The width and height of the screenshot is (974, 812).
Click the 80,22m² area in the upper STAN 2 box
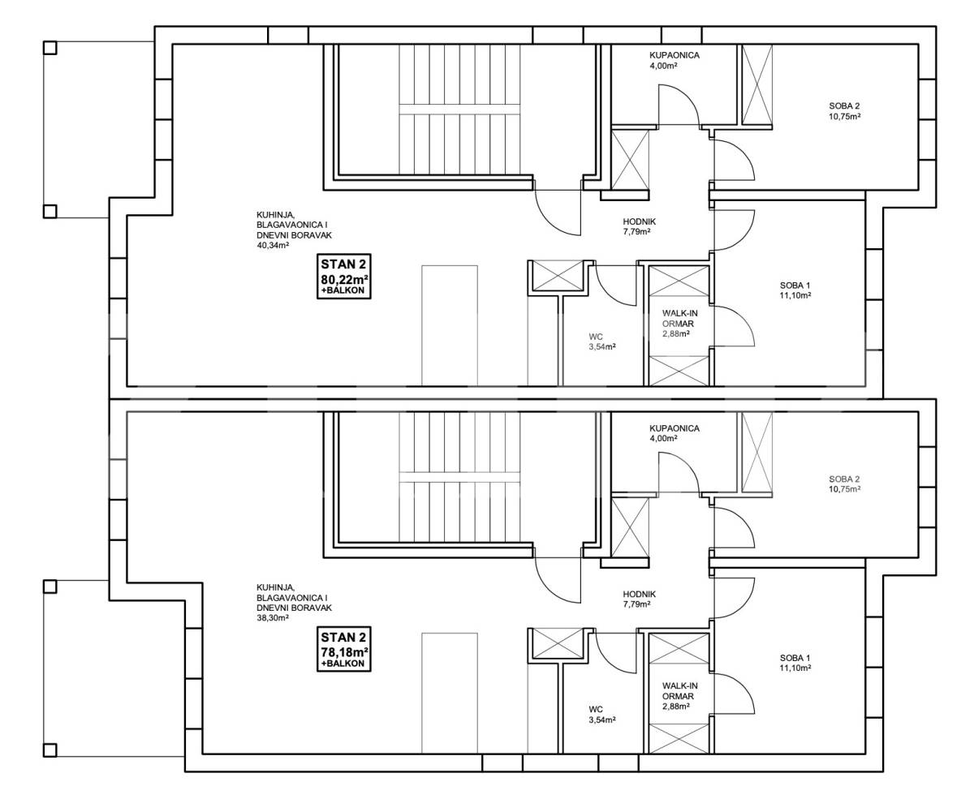click(x=344, y=280)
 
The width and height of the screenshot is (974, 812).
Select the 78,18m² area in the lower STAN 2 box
click(x=344, y=652)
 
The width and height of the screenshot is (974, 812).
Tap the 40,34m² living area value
click(x=273, y=245)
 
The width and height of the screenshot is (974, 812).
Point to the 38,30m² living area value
click(x=273, y=618)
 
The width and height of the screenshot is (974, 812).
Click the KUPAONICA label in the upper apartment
click(x=674, y=55)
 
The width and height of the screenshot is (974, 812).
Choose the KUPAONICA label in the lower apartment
click(x=674, y=428)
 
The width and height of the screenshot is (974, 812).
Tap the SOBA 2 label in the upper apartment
click(x=844, y=105)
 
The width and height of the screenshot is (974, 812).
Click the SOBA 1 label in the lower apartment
click(x=795, y=658)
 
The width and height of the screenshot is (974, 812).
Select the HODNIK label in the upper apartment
click(x=639, y=222)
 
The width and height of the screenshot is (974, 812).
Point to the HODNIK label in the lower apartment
click(x=639, y=595)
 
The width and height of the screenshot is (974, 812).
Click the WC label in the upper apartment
click(x=596, y=337)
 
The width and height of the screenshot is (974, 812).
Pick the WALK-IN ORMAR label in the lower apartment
click(x=680, y=691)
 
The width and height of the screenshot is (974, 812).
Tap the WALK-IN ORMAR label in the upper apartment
click(x=680, y=318)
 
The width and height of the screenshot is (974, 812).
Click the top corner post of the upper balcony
click(x=50, y=48)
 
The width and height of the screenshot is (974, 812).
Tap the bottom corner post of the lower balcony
click(x=50, y=750)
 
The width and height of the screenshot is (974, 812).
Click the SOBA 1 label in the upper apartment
click(x=795, y=286)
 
